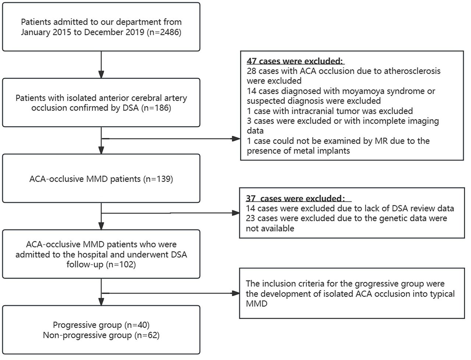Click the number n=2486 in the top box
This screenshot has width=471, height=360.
pyautogui.click(x=164, y=32)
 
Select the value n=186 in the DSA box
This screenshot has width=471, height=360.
pyautogui.click(x=156, y=108)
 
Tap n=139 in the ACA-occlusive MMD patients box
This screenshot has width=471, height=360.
pyautogui.click(x=158, y=179)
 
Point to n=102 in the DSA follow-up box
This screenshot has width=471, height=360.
pyautogui.click(x=121, y=264)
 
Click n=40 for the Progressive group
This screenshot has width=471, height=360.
pyautogui.click(x=137, y=325)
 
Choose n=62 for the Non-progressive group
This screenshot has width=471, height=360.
pyautogui.click(x=147, y=335)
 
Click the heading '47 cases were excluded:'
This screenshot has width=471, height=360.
pyautogui.click(x=295, y=61)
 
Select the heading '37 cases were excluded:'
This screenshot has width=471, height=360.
pyautogui.click(x=295, y=198)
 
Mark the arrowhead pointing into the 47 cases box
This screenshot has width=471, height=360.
pyautogui.click(x=236, y=139)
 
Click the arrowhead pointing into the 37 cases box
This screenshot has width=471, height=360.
pyautogui.click(x=235, y=213)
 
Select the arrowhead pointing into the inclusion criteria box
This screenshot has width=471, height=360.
pyautogui.click(x=235, y=293)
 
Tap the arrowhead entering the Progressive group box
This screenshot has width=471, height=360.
pyautogui.click(x=101, y=302)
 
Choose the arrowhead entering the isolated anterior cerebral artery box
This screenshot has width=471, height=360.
pyautogui.click(x=101, y=74)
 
